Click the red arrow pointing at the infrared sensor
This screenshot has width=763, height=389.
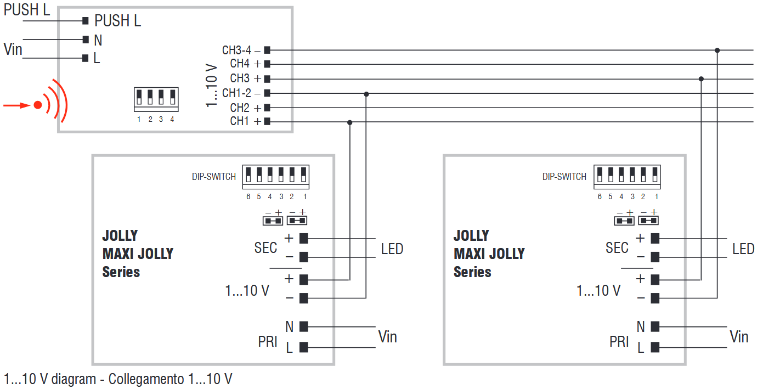(x=16, y=105)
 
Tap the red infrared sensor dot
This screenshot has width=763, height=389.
(x=37, y=105)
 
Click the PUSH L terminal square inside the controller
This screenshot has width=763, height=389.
(x=85, y=21)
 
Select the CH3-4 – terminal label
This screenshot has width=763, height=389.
(x=241, y=50)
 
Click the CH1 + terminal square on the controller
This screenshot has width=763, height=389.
(x=267, y=122)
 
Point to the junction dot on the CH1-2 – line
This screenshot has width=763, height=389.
(x=366, y=94)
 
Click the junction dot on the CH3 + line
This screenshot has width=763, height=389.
(x=701, y=79)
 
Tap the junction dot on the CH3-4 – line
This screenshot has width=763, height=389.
(x=717, y=50)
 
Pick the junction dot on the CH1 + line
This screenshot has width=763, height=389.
(x=350, y=122)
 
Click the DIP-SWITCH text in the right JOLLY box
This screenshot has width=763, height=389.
(x=564, y=177)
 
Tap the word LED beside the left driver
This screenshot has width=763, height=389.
(x=392, y=249)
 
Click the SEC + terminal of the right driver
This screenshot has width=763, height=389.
(x=654, y=238)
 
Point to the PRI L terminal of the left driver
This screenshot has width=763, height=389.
(x=303, y=347)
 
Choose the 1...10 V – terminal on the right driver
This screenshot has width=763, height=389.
(x=654, y=298)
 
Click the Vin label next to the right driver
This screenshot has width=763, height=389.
(x=739, y=336)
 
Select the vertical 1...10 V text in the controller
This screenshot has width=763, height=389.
(x=212, y=86)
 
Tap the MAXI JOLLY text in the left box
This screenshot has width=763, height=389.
(x=138, y=253)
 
